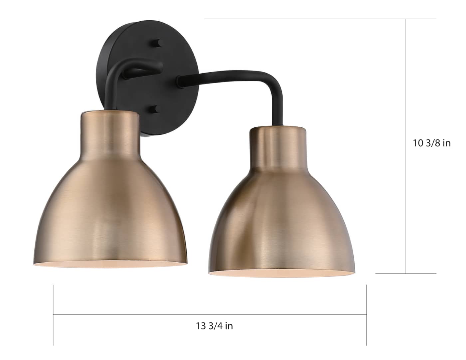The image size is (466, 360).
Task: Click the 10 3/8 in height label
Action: (x=432, y=143)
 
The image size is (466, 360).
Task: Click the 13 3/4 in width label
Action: (x=214, y=326)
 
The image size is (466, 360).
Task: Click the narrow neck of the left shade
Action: (x=110, y=133)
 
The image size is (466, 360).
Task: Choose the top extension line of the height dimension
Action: (x=320, y=19)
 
